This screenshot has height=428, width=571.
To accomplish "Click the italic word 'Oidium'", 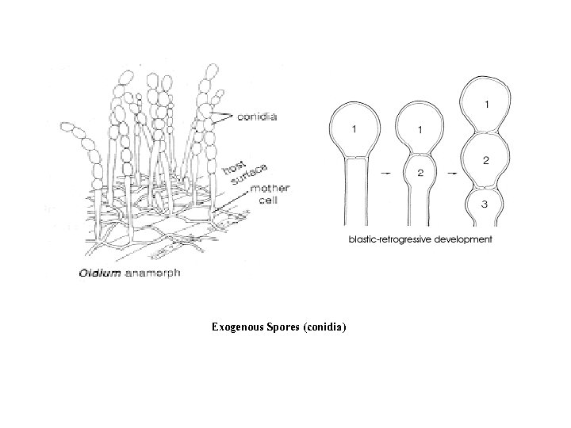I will pos(100,274).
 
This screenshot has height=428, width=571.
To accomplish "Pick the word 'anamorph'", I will pos(150,274).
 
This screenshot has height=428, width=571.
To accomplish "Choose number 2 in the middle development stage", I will pos(420,172).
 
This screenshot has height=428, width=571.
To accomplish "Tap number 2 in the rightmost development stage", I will pos(485,160).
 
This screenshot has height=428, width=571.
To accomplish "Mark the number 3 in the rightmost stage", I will pos(485,204).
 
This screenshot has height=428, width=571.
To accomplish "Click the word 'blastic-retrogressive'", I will pos(394,239).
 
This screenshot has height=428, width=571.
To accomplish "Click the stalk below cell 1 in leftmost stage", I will pos(355,190).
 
